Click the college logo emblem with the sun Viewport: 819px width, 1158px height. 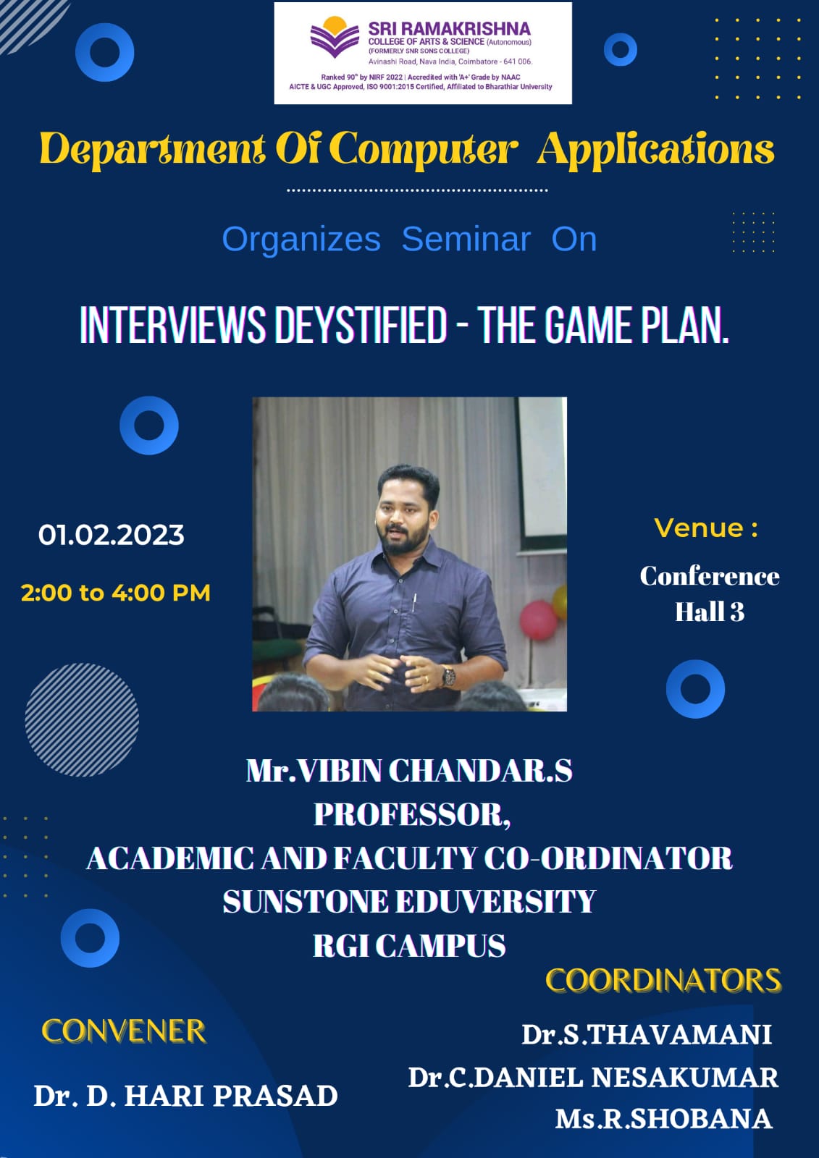click(x=335, y=37)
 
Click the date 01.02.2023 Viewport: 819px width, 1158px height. click(x=112, y=535)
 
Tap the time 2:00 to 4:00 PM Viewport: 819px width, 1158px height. click(x=116, y=593)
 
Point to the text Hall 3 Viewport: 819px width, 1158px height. click(x=710, y=612)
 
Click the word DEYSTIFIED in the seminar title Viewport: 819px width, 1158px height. click(x=361, y=325)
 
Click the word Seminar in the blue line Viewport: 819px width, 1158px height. click(x=466, y=239)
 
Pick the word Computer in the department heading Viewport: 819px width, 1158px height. click(x=423, y=150)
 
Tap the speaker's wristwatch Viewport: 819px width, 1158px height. click(x=448, y=676)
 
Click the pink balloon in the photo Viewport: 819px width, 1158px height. click(x=538, y=620)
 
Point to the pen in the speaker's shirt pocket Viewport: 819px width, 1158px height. click(x=414, y=603)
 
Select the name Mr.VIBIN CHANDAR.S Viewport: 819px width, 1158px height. click(x=409, y=771)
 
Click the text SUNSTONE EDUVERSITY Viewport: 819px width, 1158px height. click(x=409, y=902)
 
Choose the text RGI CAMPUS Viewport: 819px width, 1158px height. click(x=409, y=945)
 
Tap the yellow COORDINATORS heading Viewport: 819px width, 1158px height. click(x=664, y=980)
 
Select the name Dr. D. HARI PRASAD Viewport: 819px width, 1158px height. click(x=185, y=1096)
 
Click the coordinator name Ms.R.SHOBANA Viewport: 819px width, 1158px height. click(x=664, y=1119)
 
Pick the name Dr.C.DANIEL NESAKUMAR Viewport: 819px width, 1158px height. click(x=593, y=1078)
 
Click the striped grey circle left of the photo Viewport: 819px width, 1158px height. click(x=82, y=719)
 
